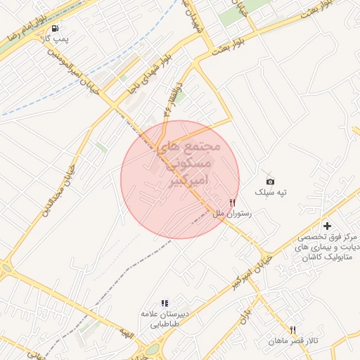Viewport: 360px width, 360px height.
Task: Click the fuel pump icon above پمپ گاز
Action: coord(55,29)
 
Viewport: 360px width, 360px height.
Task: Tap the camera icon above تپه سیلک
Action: coord(271,181)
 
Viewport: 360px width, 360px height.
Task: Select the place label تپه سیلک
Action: coord(271,192)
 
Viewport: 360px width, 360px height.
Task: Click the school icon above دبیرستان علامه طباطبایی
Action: coord(165,303)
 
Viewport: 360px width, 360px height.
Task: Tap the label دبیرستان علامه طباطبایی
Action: coord(165,319)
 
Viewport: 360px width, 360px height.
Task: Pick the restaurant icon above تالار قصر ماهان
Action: coord(292,330)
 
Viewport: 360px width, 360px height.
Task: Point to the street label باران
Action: coord(245,314)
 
